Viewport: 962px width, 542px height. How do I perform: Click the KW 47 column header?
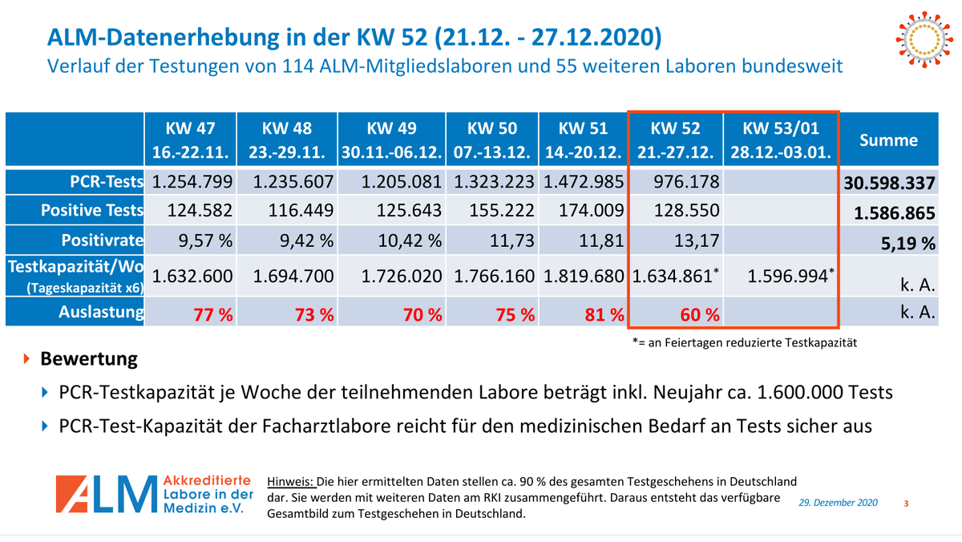click(x=191, y=140)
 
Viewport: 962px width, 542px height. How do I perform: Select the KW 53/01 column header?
click(x=780, y=140)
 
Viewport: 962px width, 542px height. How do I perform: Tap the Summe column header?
click(x=888, y=140)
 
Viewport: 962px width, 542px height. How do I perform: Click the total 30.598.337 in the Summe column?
click(x=889, y=184)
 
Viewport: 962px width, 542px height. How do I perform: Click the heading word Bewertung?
click(x=89, y=358)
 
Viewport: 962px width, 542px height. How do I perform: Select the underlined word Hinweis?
click(x=292, y=482)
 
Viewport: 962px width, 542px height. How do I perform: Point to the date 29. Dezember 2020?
click(x=838, y=502)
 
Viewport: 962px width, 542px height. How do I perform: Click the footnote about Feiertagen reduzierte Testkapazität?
click(x=744, y=342)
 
